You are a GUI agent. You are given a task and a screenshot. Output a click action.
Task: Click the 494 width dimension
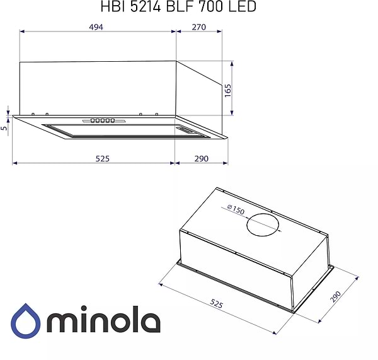96,27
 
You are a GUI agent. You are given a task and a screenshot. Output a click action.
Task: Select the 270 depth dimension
199,27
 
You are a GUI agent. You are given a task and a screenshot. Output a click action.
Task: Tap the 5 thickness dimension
4,128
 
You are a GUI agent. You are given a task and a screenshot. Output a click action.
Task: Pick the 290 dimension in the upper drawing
201,158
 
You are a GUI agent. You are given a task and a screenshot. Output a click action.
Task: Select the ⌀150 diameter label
235,211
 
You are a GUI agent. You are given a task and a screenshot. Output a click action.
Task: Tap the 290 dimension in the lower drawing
344,297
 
